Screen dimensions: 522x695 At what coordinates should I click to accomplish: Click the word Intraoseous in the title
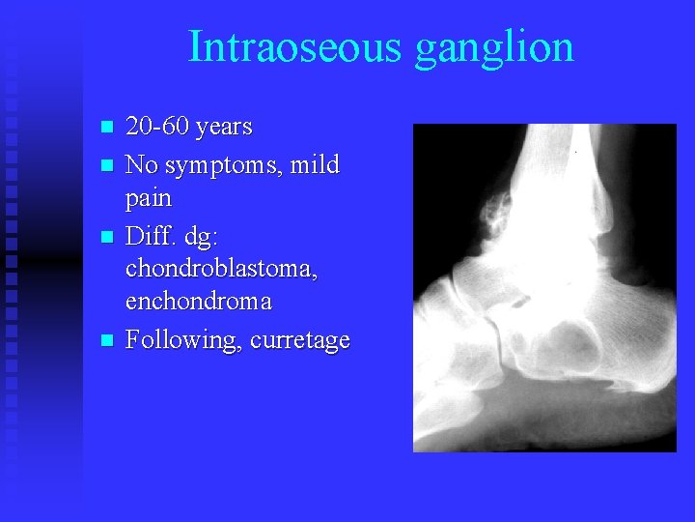(295, 46)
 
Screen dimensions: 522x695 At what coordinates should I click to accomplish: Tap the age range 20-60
(157, 127)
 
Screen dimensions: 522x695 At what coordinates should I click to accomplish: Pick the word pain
(149, 199)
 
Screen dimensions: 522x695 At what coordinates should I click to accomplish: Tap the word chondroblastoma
(222, 268)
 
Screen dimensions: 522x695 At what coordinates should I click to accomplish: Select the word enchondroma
(199, 303)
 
